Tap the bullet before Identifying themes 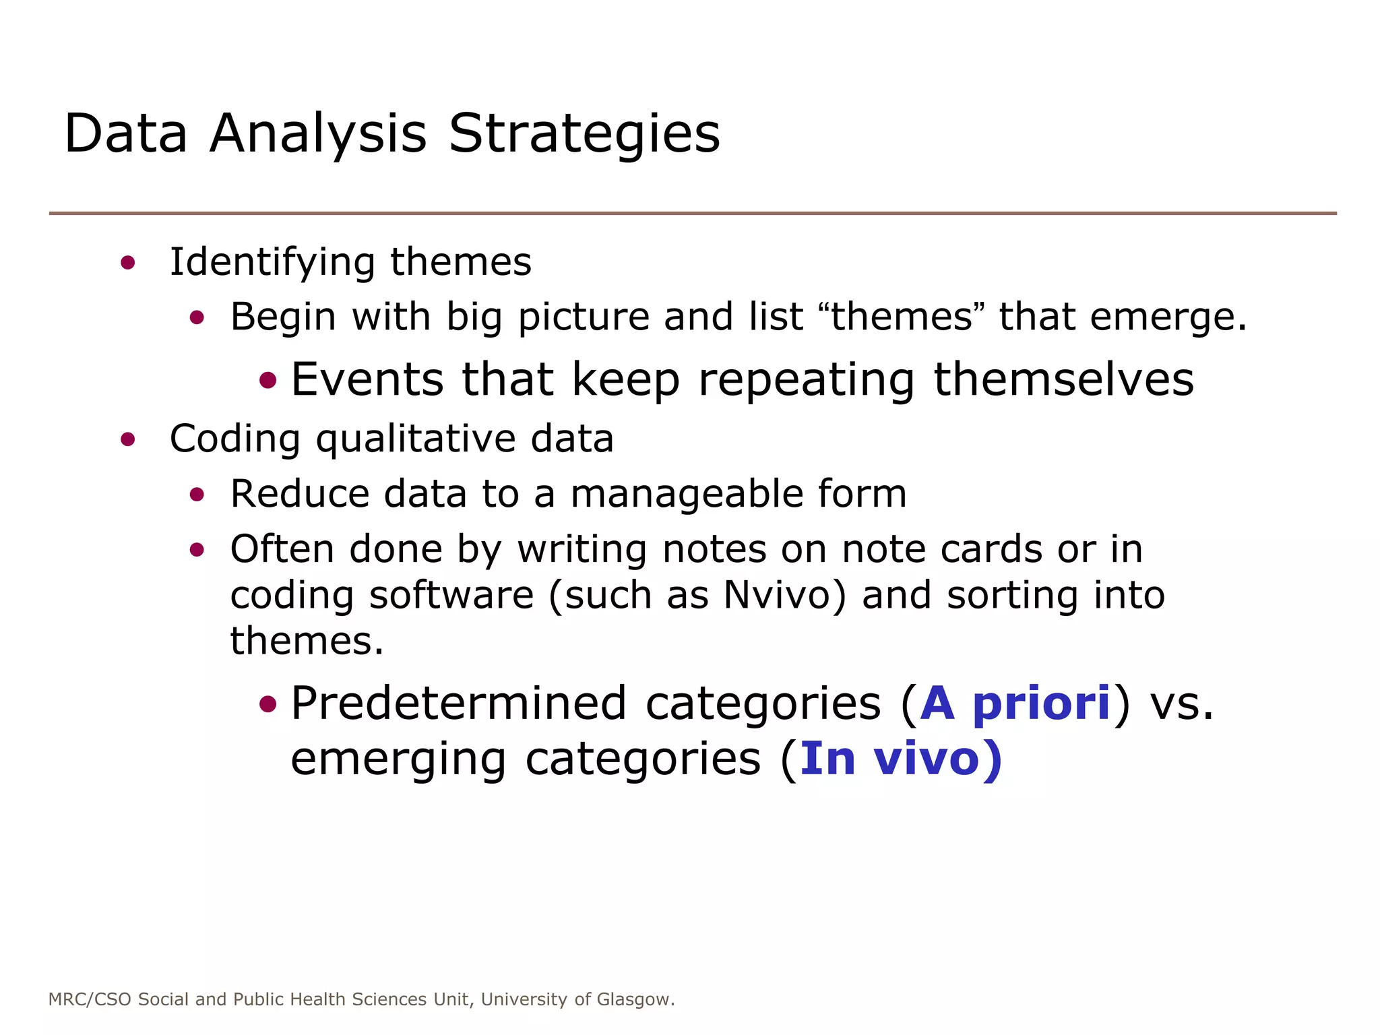[127, 263]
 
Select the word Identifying [272, 263]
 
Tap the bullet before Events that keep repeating [268, 381]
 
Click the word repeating [806, 381]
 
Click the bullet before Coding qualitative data [127, 440]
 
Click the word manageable [686, 495]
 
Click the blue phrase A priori [1015, 703]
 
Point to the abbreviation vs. [1181, 703]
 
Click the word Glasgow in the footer [635, 999]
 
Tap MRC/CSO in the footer [90, 999]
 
